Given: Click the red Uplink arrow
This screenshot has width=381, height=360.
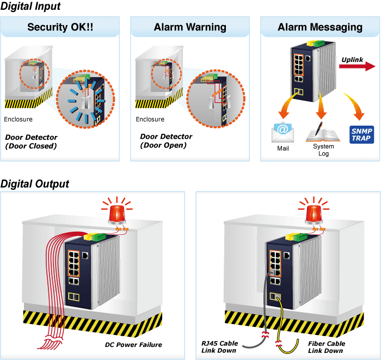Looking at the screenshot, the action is point(357,66).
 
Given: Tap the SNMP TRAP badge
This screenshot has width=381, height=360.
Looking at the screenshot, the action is point(361,134).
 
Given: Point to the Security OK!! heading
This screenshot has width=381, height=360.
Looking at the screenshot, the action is point(60,27).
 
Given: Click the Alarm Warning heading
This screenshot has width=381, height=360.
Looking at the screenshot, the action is point(190,27).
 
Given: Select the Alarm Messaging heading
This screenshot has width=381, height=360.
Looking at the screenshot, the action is point(320,27).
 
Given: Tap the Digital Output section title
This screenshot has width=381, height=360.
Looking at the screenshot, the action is point(35,184).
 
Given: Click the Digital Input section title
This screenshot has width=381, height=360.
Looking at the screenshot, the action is point(30,7).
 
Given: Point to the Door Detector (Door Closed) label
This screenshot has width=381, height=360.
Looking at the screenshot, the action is point(31,141).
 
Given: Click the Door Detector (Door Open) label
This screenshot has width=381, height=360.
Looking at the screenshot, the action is point(166,141).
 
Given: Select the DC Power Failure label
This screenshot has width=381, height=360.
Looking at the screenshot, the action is point(133,345).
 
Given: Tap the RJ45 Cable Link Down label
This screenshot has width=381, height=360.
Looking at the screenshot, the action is point(219,347).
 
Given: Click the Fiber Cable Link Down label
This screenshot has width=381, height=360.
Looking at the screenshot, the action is point(327,347).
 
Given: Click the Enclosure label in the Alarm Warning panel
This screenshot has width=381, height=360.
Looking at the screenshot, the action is point(150,119).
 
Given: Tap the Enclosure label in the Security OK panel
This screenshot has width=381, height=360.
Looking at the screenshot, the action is point(18,119).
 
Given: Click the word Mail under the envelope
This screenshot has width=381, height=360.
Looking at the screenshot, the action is point(283,148).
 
